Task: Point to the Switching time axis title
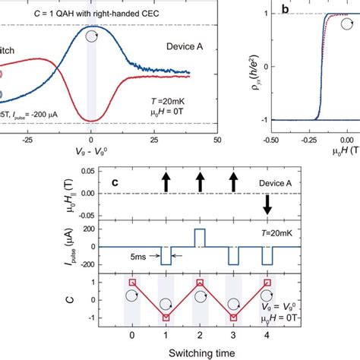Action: coord(200,352)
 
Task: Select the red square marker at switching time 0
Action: coord(132,283)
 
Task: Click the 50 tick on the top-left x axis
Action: coord(217,141)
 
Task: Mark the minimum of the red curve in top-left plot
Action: coord(91,120)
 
